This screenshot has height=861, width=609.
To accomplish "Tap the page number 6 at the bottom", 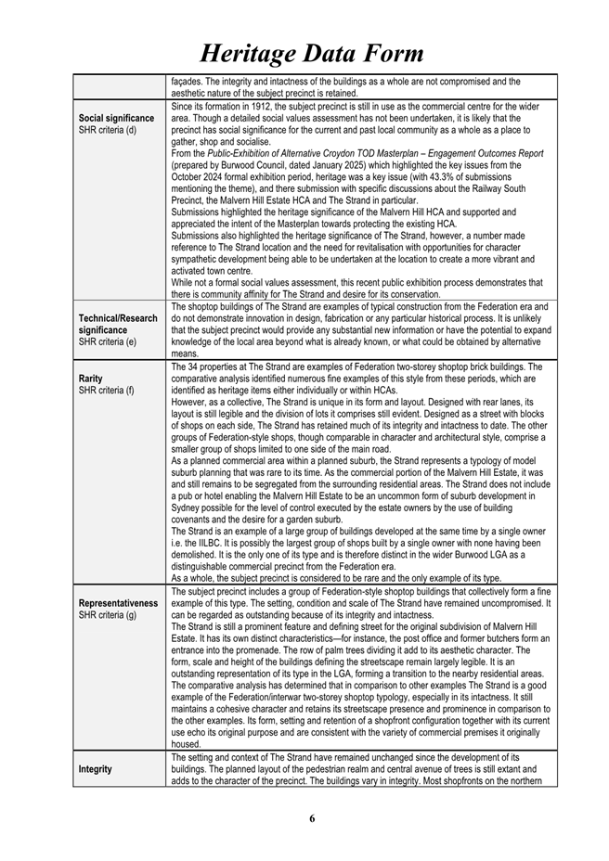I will (x=312, y=818).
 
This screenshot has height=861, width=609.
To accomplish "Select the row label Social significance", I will (x=117, y=119).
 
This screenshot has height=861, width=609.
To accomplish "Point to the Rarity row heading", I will (x=92, y=378).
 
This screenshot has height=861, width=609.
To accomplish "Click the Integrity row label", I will (x=96, y=769).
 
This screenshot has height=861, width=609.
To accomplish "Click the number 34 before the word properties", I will (x=191, y=366).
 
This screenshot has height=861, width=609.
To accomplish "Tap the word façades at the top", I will (x=188, y=82).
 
